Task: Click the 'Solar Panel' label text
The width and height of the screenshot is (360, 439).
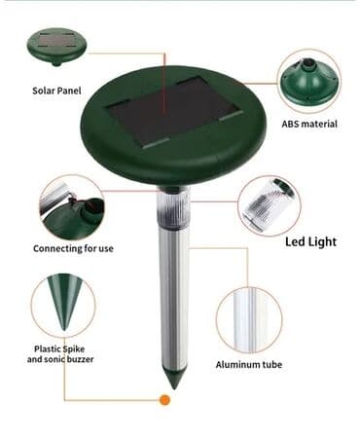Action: (56, 91)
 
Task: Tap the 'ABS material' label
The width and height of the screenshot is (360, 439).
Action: (309, 124)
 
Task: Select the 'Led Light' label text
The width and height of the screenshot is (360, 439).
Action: (311, 242)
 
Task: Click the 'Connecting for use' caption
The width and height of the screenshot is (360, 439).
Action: (73, 249)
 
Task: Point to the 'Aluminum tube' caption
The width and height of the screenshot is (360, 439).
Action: (249, 365)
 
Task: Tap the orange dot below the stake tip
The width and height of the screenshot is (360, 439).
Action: (164, 400)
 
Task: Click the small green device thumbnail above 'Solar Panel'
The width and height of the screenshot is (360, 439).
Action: (57, 48)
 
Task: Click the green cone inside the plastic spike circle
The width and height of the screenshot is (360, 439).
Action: (64, 300)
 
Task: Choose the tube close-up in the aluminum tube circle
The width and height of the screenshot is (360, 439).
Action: (250, 320)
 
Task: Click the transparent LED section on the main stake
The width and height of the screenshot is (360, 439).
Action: (174, 206)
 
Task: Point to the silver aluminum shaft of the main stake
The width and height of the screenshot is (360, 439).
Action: (174, 295)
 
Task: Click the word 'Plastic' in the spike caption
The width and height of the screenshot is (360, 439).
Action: (48, 349)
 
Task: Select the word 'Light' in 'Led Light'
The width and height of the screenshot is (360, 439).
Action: (323, 242)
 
